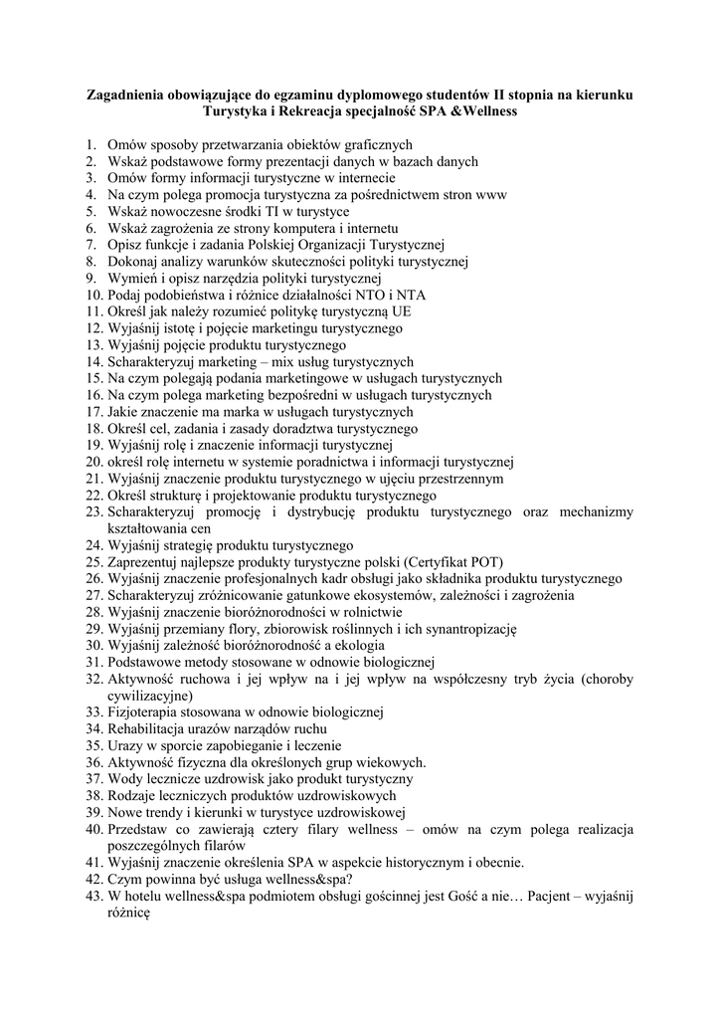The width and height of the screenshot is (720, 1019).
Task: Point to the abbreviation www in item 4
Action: (x=492, y=195)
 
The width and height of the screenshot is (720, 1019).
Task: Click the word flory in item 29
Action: (x=247, y=630)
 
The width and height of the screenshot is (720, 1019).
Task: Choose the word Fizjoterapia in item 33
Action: (x=143, y=713)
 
